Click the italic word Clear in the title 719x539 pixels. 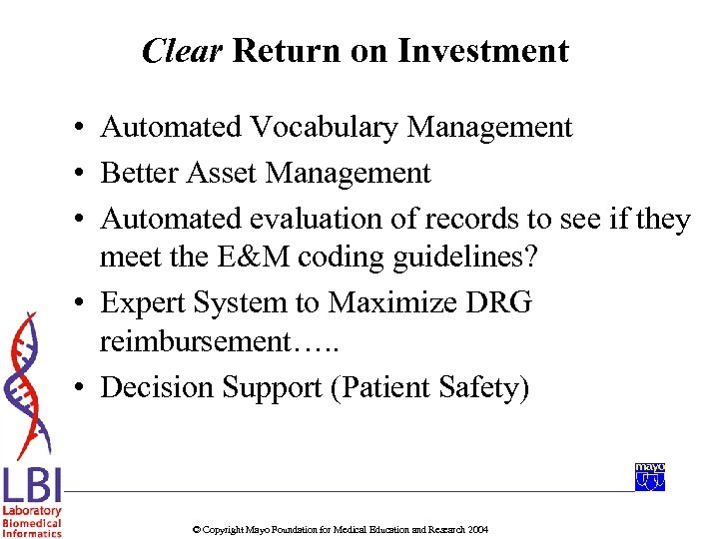182,51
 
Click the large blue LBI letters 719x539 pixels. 32,486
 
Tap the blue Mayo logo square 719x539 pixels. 649,477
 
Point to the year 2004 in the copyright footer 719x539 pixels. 477,529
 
